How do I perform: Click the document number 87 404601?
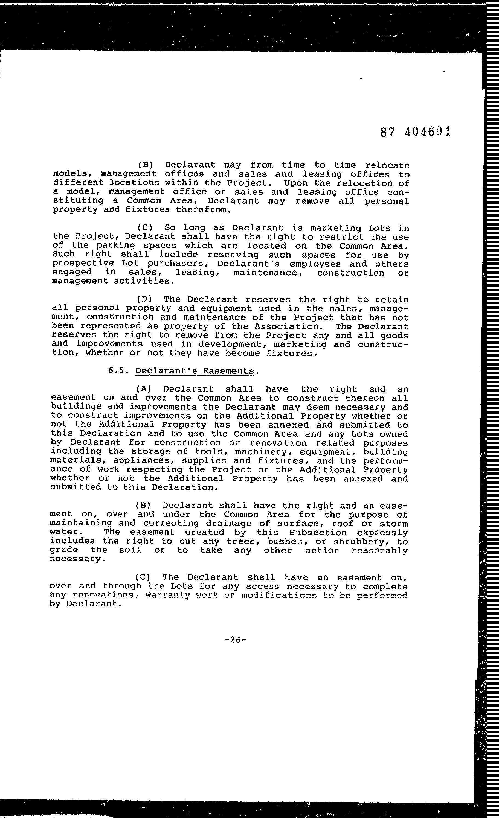click(x=415, y=132)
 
